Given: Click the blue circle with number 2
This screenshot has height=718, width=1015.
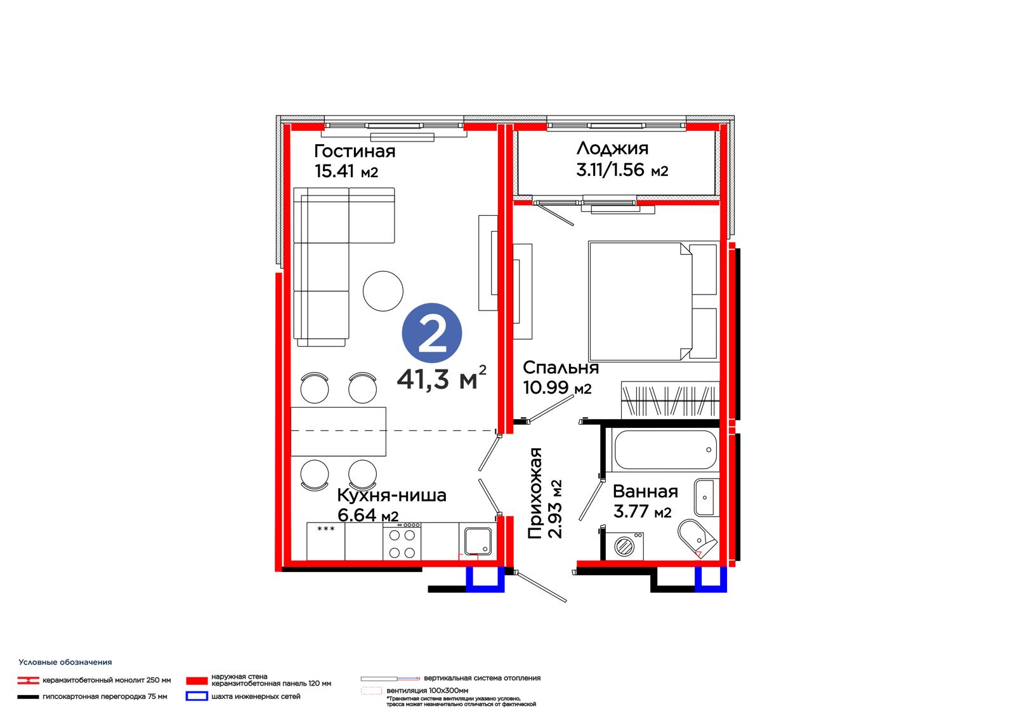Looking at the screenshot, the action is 431,333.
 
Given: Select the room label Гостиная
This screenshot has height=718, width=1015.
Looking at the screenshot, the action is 355,151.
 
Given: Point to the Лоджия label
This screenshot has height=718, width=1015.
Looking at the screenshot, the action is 612,149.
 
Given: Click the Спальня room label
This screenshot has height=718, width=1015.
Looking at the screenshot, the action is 561,368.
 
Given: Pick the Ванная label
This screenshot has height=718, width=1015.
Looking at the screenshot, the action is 645,491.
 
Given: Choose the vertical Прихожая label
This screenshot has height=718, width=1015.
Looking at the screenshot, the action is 535,493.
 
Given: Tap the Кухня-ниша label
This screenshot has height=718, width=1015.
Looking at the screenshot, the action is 391,495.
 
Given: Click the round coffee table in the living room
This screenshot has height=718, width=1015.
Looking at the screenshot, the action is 383,291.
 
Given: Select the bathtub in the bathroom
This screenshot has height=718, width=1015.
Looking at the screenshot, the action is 665,449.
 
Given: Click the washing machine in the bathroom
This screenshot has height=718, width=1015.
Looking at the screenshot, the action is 624,546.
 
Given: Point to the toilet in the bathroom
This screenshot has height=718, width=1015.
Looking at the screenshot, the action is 697,538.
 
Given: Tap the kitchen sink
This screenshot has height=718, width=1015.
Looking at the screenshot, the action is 478,541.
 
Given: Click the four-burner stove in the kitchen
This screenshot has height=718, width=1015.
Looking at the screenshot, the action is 402,542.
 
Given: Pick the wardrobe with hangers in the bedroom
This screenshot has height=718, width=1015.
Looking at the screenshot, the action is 670,399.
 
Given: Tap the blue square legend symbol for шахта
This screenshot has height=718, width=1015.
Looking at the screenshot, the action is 197,696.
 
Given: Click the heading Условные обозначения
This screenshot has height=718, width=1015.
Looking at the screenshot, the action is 65,662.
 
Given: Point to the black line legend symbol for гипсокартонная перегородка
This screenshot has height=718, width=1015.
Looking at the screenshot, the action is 28,697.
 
